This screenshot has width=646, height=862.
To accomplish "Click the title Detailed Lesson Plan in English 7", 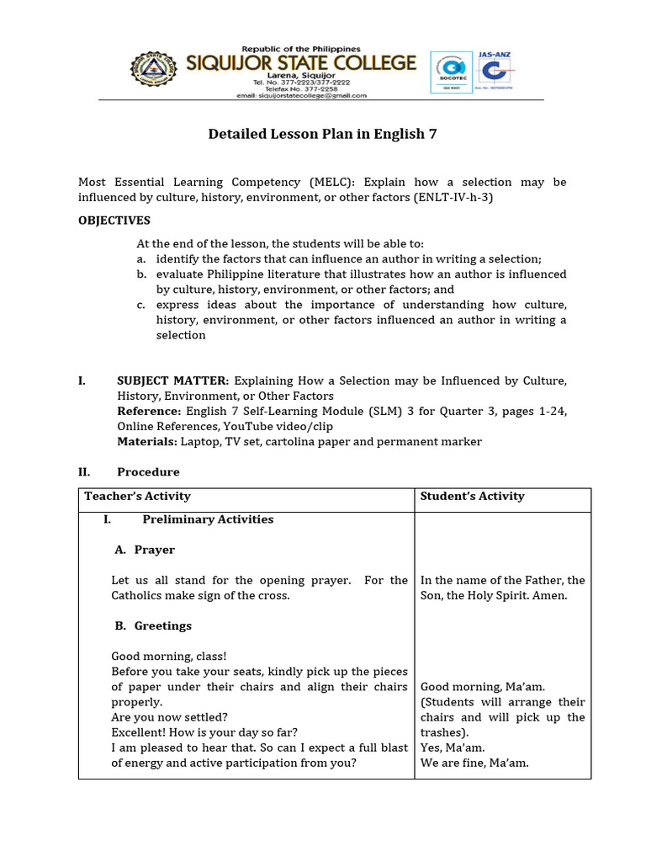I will click(x=322, y=134).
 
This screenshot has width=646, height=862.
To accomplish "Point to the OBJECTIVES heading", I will click(x=114, y=221).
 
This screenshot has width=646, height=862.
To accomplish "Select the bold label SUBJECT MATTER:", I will click(x=172, y=380).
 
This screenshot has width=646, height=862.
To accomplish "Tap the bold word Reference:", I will click(x=149, y=411).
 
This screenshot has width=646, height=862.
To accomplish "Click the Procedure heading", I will click(x=148, y=471).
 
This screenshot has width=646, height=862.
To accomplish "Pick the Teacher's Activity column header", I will click(x=137, y=496).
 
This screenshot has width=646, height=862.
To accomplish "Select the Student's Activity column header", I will click(x=472, y=496).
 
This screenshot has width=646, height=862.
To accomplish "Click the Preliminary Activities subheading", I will click(x=208, y=519).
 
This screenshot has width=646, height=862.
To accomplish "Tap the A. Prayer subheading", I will click(x=145, y=550).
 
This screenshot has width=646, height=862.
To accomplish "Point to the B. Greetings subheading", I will click(x=152, y=625).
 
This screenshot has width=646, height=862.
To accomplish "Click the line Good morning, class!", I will click(x=169, y=656).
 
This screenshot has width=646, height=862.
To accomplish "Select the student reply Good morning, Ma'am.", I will click(x=476, y=687).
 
